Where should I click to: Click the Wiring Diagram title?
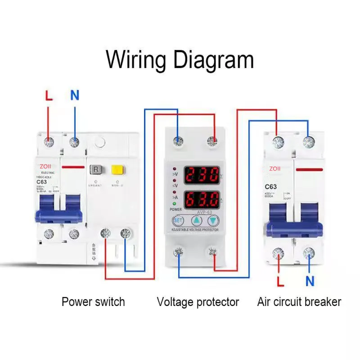tap(180, 59)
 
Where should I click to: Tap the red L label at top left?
tap(49, 95)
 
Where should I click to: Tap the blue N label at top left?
tap(75, 95)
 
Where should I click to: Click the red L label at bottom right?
tap(280, 282)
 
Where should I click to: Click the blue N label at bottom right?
tap(310, 282)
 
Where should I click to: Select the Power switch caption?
tap(93, 301)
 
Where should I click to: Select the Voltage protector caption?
tap(198, 301)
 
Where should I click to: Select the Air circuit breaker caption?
tap(299, 301)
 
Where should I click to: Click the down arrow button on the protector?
tap(213, 221)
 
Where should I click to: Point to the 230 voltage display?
tap(202, 174)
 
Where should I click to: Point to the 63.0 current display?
tap(202, 198)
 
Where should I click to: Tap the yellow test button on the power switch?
tap(117, 170)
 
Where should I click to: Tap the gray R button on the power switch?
tap(96, 170)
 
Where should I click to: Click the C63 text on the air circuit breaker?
tap(270, 186)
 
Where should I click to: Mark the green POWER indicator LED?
tap(174, 204)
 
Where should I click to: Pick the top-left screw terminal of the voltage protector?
tap(179, 142)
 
